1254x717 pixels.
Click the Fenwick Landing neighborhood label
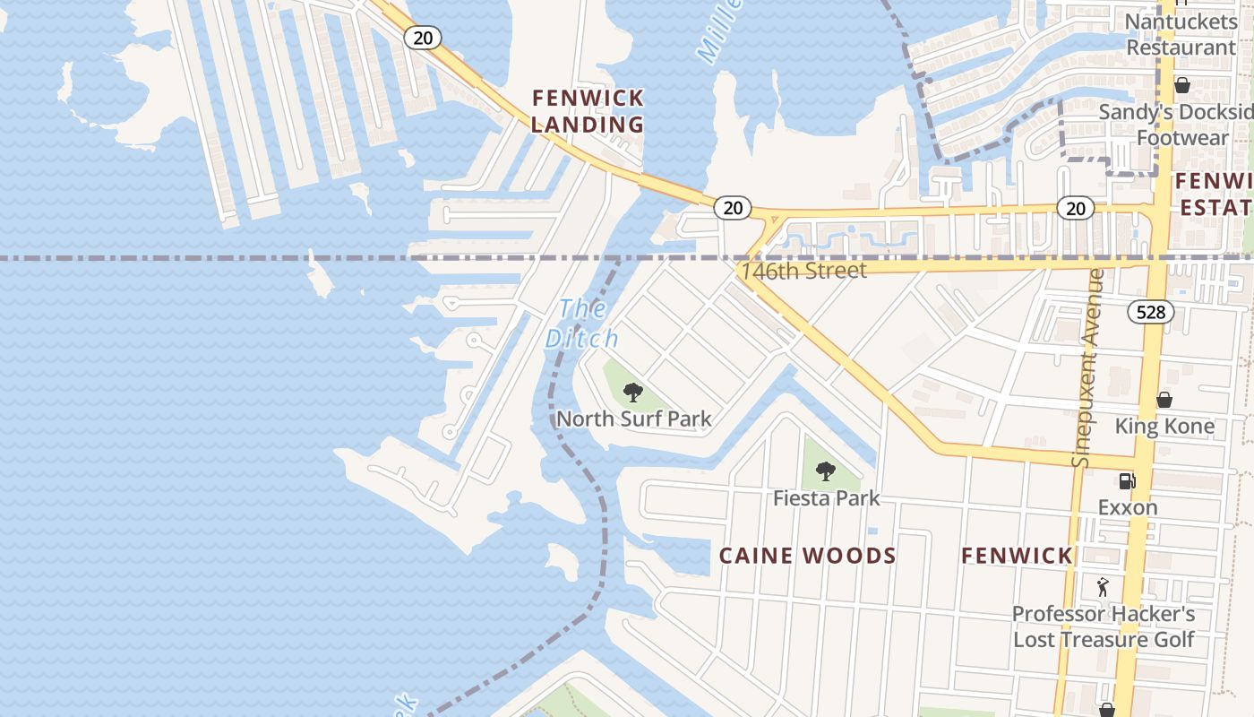pyautogui.click(x=588, y=111)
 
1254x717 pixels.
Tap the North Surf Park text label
pyautogui.click(x=634, y=419)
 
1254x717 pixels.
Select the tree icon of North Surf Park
pyautogui.click(x=633, y=392)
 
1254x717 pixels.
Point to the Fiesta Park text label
pyautogui.click(x=826, y=497)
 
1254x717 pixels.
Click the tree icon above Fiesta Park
pyautogui.click(x=826, y=471)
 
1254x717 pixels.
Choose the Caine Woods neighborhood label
pyautogui.click(x=807, y=556)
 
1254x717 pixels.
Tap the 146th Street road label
pyautogui.click(x=804, y=271)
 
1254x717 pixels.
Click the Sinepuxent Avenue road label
pyautogui.click(x=1085, y=368)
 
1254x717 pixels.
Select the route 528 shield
pyautogui.click(x=1150, y=311)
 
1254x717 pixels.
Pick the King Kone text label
pyautogui.click(x=1164, y=427)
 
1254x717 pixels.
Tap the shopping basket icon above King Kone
pyautogui.click(x=1164, y=400)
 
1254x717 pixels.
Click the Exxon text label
pyautogui.click(x=1128, y=507)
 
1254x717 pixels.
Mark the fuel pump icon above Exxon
pyautogui.click(x=1128, y=481)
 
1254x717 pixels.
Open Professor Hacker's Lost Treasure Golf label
pyautogui.click(x=1104, y=626)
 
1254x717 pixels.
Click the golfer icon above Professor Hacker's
pyautogui.click(x=1103, y=588)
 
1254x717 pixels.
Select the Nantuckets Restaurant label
pyautogui.click(x=1181, y=34)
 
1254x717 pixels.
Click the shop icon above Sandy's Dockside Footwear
pyautogui.click(x=1181, y=85)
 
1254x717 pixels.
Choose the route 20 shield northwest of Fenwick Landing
pyautogui.click(x=422, y=37)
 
